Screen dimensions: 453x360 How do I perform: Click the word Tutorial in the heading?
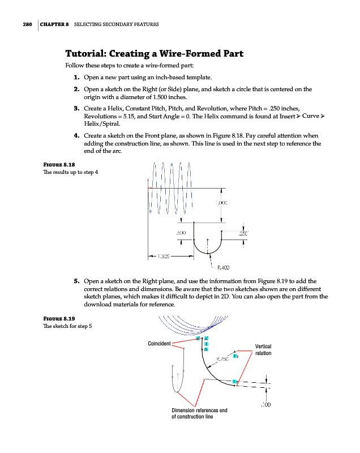click(x=85, y=54)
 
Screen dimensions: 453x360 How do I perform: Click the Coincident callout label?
click(x=159, y=344)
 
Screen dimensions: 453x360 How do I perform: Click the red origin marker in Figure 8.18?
click(x=148, y=187)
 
